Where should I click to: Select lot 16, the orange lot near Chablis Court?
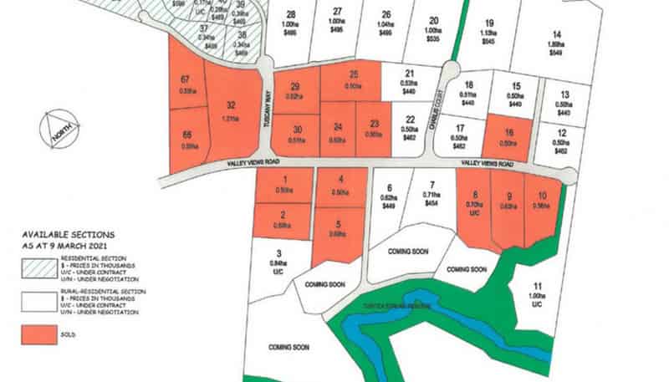tap(508, 137)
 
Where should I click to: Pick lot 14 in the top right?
tap(556, 42)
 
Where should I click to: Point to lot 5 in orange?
tap(340, 229)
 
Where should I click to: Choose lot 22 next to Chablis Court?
tap(409, 125)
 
